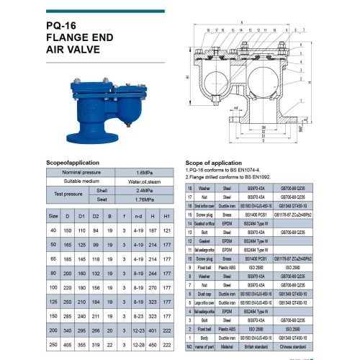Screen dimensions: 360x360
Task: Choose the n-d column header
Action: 140,216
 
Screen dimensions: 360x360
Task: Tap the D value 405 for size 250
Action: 67,344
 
